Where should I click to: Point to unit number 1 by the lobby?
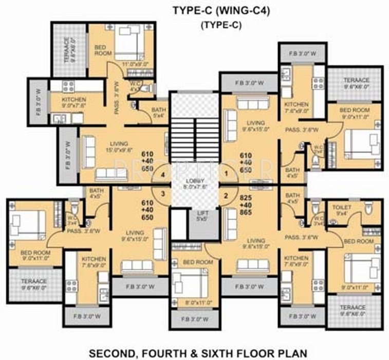click(225, 175)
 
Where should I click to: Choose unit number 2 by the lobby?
click(225, 195)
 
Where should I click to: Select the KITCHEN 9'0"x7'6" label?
click(74, 102)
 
